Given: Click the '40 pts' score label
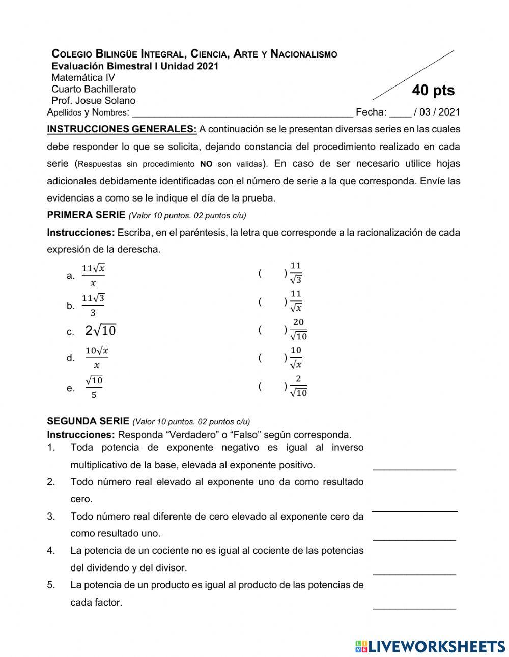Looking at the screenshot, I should tap(433, 91).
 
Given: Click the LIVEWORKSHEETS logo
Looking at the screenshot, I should tap(430, 646).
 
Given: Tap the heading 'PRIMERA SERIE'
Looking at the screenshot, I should tap(86, 215).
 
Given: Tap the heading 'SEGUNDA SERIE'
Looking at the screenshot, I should tap(88, 421).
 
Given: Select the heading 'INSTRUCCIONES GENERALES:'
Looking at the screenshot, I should tap(122, 129).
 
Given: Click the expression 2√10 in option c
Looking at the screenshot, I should tap(101, 331).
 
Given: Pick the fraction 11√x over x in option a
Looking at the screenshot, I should tap(93, 275).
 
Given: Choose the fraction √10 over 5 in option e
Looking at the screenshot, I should tap(94, 387).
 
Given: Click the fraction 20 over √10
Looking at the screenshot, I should tap(298, 330).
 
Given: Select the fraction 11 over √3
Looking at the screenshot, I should tap(296, 273).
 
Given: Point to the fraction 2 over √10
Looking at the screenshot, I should tap(298, 386).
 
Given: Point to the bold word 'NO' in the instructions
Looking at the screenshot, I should tap(206, 164).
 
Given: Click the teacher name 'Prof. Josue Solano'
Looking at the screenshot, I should tap(93, 101).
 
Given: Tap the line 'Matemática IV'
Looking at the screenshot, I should tap(83, 78).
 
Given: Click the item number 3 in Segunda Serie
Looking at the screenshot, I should tap(51, 517).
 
